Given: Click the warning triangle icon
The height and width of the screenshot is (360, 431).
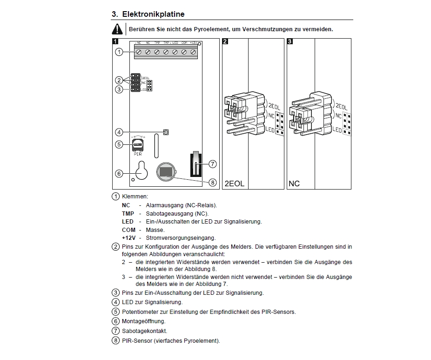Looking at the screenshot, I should coord(117,29).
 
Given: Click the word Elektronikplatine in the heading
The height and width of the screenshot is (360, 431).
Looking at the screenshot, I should coord(153,14).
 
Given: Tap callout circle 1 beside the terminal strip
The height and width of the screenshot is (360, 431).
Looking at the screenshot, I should coord(119,52).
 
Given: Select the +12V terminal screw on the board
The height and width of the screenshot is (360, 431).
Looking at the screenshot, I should coord(193,52).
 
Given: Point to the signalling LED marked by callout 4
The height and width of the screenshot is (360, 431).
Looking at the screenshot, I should coord(165,132).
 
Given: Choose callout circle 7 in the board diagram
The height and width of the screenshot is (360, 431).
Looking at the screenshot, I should coord(212,164).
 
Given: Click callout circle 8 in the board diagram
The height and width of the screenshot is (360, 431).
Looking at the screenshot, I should coord(212,182).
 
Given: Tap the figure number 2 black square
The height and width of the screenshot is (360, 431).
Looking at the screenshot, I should coord(225,41).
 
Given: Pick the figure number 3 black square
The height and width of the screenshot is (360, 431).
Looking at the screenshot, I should coord(290,41).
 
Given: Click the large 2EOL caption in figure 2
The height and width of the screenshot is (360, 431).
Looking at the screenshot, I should coord(235,183).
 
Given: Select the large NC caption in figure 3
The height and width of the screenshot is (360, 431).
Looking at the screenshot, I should coord(294,183).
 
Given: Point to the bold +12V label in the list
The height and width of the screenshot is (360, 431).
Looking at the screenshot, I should coord(129,238).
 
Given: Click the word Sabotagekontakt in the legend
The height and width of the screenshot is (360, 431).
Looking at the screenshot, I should coord(144,331).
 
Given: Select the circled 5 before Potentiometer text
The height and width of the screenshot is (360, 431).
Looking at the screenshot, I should coord(116,312).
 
